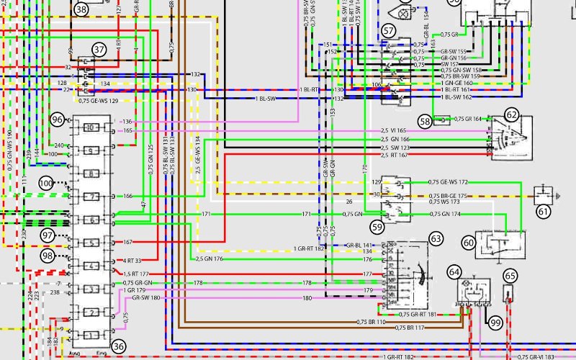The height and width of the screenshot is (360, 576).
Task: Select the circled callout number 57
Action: pyautogui.click(x=389, y=30)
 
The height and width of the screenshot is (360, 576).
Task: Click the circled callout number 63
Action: pyautogui.click(x=436, y=237)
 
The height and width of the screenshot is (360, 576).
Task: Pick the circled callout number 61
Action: pyautogui.click(x=543, y=211)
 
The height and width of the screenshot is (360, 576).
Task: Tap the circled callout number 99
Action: pyautogui.click(x=495, y=324)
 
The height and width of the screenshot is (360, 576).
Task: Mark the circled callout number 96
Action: pyautogui.click(x=58, y=119)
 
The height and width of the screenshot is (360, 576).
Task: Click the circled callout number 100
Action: pyautogui.click(x=46, y=184)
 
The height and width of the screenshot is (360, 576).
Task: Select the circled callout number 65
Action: pyautogui.click(x=510, y=275)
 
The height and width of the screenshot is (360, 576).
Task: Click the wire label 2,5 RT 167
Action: pyautogui.click(x=395, y=156)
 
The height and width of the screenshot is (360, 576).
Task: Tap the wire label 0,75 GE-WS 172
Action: pyautogui.click(x=448, y=182)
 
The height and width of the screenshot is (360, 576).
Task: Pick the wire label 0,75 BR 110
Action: pyautogui.click(x=372, y=321)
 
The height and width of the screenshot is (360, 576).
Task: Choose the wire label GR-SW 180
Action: pyautogui.click(x=146, y=297)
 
